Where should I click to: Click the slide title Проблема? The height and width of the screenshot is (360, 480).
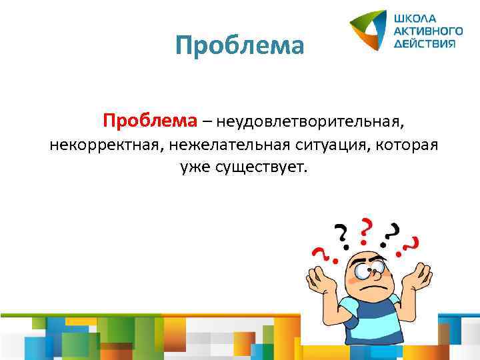point(239,46)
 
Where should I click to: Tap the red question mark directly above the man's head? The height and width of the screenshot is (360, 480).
point(365,228)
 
